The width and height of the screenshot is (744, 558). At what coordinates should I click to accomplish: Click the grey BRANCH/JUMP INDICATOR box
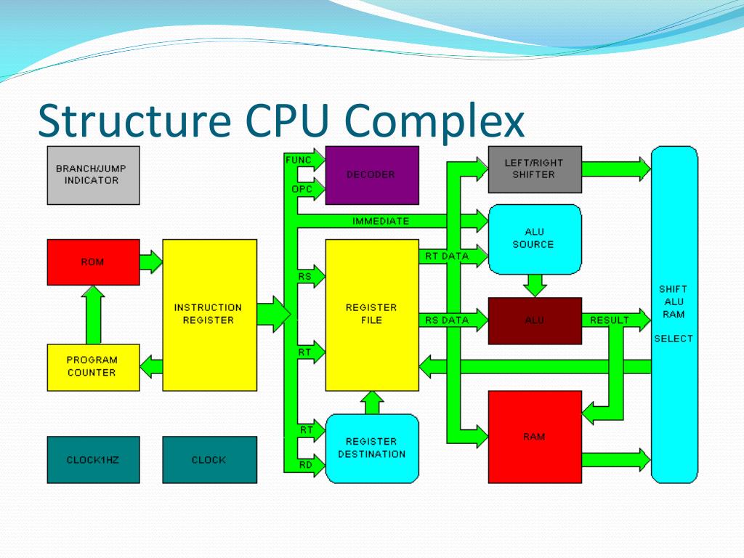point(93,175)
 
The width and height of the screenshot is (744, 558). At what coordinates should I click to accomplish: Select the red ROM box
point(93,262)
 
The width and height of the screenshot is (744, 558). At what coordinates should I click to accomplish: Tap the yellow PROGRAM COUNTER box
point(93,367)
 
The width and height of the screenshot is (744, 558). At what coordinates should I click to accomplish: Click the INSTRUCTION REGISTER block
point(209,315)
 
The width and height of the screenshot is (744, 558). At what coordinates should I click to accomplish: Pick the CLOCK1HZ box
point(93,459)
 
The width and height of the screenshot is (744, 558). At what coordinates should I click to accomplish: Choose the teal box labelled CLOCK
point(209,459)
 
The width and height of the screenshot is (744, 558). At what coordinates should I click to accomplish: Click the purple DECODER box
point(371,175)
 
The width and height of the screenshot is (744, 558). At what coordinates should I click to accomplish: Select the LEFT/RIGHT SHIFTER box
point(534,169)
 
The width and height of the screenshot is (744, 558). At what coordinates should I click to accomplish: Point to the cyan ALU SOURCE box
point(534,238)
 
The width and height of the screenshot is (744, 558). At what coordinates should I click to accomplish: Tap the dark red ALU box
point(534,320)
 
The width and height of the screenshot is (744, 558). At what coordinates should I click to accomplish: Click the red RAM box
point(534,437)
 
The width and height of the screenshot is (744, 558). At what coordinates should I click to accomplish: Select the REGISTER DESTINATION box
point(371,448)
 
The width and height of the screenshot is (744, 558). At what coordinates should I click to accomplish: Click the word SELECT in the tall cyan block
point(674,339)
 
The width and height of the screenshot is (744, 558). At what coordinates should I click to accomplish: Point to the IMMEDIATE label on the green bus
point(381,221)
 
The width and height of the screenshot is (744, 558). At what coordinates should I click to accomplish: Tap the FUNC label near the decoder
point(299,159)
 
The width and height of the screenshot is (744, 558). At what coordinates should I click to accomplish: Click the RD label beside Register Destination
point(307,465)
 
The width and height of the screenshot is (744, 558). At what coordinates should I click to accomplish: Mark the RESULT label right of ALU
point(610,320)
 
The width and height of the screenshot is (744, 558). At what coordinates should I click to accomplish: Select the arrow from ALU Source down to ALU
point(535,284)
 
